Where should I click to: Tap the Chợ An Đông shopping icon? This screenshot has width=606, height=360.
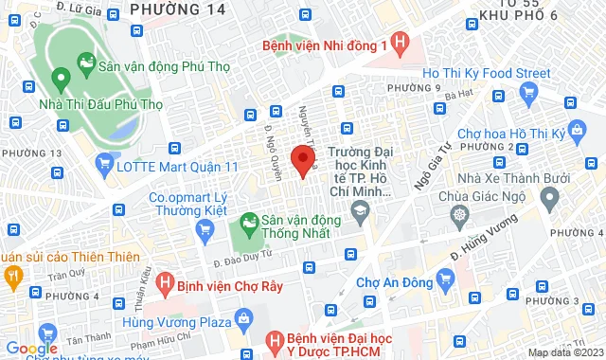(447, 280)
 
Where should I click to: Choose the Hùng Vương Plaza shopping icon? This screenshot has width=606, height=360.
(244, 316)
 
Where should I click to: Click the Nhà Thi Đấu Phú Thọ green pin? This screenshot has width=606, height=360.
(61, 81)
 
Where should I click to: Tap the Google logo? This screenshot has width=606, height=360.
(37, 348)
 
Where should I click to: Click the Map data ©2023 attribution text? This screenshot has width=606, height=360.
(563, 352)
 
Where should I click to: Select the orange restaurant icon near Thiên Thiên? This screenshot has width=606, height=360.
(13, 277)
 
